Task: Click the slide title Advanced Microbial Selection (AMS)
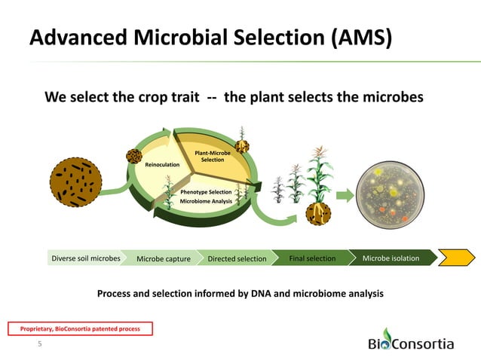tap(210, 38)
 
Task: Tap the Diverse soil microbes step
tap(85, 258)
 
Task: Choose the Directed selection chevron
tap(237, 259)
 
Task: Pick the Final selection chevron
tap(312, 258)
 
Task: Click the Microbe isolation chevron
tap(391, 258)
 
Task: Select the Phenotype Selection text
tap(206, 193)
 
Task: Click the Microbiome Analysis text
tap(206, 202)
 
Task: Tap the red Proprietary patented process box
tap(80, 328)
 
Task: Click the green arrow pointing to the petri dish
tap(342, 197)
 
